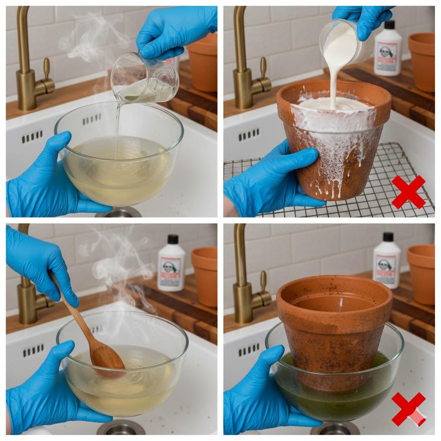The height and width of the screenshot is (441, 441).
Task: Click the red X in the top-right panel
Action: [408, 192]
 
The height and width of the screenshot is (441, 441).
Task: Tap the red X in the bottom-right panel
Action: [408, 408]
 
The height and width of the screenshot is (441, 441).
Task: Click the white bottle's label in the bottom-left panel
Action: [171, 273]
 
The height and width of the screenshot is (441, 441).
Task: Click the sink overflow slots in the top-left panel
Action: [32, 137]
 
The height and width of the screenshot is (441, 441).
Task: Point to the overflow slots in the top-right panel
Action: [249, 135]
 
